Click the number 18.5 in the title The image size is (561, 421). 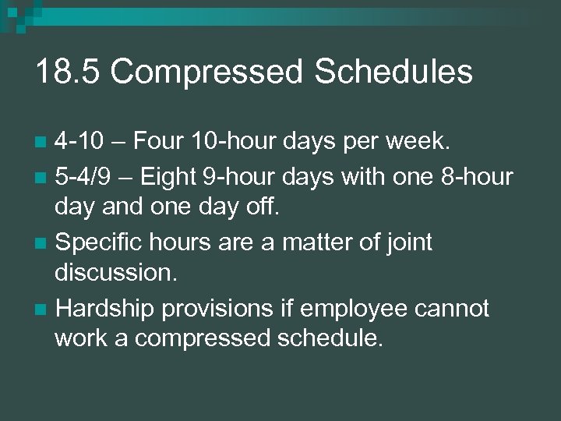pos(67,72)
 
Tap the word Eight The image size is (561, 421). pos(169,178)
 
